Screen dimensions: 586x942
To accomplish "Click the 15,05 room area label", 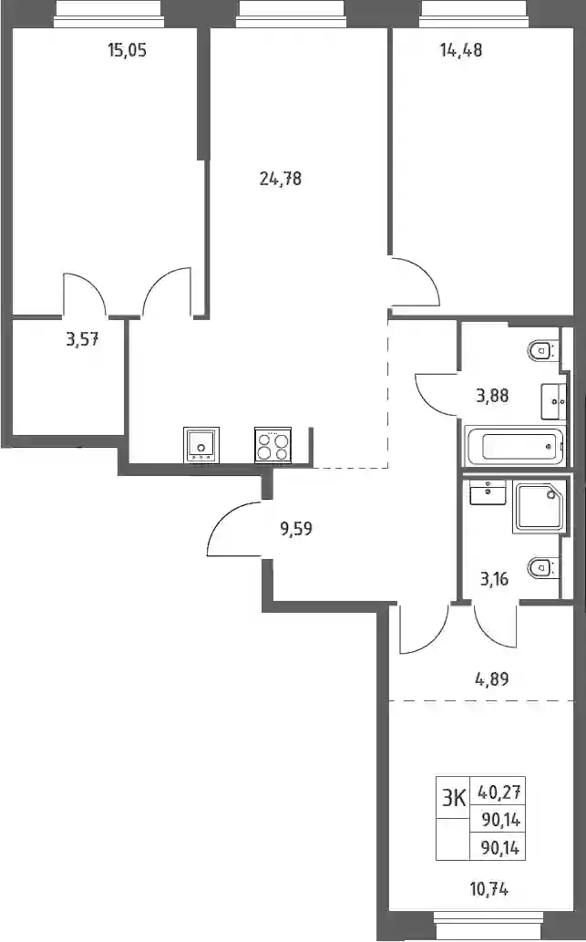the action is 128,50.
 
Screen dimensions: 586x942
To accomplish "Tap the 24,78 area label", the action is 281,179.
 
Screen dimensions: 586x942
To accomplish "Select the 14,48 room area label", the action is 461,50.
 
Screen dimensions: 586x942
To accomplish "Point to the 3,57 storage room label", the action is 82,340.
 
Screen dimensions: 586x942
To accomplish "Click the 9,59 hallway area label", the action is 296,529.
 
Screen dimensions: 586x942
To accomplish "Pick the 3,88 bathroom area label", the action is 492,395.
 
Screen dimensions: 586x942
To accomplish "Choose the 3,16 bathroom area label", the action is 494,579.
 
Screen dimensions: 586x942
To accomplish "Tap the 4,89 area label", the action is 492,679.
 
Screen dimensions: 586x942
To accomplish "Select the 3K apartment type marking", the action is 453,799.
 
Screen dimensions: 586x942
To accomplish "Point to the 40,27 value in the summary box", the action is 499,792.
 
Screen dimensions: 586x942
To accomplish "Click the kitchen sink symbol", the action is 201,445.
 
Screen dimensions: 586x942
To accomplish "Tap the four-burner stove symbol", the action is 272,445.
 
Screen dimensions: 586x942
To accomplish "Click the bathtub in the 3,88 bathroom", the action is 515,446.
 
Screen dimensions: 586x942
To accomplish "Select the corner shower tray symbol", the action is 540,506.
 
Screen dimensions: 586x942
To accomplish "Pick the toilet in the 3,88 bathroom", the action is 543,349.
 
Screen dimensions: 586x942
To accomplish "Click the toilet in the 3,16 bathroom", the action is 543,566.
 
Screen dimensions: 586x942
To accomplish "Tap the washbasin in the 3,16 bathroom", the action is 488,492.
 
